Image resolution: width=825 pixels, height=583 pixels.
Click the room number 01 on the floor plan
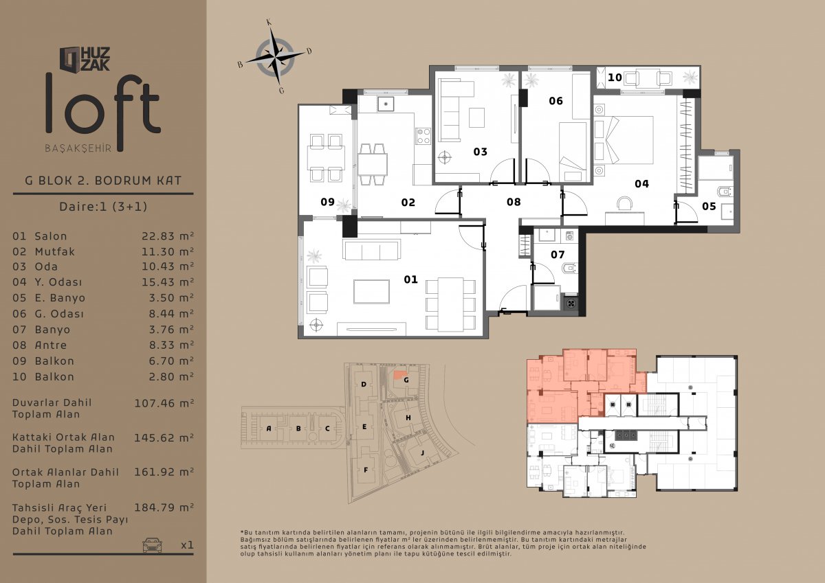tap(410, 279)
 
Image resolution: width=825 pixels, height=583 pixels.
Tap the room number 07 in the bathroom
tap(558, 255)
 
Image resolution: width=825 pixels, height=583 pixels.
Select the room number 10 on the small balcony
tap(615, 78)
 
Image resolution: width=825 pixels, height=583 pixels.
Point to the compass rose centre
tap(275, 58)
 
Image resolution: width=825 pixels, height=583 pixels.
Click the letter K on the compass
tap(269, 23)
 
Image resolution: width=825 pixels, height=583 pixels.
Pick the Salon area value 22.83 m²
tap(168, 236)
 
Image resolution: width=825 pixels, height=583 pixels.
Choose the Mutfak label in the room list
tap(54, 251)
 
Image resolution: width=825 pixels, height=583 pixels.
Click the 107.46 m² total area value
tap(164, 403)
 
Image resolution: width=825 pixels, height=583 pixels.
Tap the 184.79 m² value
tap(164, 507)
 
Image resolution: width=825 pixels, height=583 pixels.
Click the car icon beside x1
tap(152, 545)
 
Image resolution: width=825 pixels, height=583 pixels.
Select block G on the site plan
tap(406, 380)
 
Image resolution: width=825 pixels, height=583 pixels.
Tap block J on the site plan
tap(422, 453)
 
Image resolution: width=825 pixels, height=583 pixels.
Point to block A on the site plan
tap(269, 428)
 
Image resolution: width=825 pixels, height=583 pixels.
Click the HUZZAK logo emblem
tap(70, 59)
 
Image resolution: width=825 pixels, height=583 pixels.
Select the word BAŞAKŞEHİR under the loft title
tap(78, 148)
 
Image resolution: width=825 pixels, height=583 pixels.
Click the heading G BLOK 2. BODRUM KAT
tap(103, 181)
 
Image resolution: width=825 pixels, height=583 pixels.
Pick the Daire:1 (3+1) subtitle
tap(103, 206)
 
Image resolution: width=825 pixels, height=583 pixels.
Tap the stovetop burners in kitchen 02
tap(423, 136)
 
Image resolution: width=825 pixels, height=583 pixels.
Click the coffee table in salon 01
tap(371, 292)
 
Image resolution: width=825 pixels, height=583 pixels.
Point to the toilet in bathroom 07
tap(570, 268)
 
